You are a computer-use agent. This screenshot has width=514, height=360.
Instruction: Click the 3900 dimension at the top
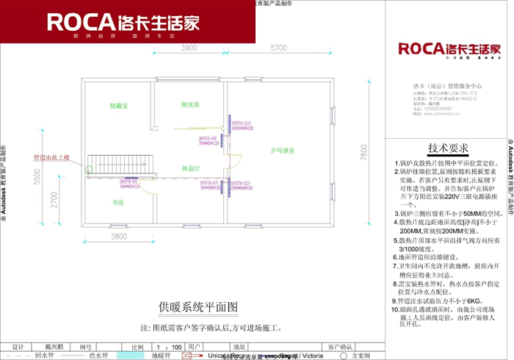click(x=189, y=48)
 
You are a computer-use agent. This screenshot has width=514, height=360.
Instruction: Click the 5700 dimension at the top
click(x=278, y=48)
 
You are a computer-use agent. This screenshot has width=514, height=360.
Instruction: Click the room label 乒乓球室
click(x=282, y=151)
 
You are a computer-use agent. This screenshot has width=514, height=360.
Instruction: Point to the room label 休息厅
click(x=192, y=168)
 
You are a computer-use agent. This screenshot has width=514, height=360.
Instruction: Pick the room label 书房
click(x=117, y=201)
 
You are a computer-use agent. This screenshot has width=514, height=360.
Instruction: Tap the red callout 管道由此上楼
click(x=51, y=158)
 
